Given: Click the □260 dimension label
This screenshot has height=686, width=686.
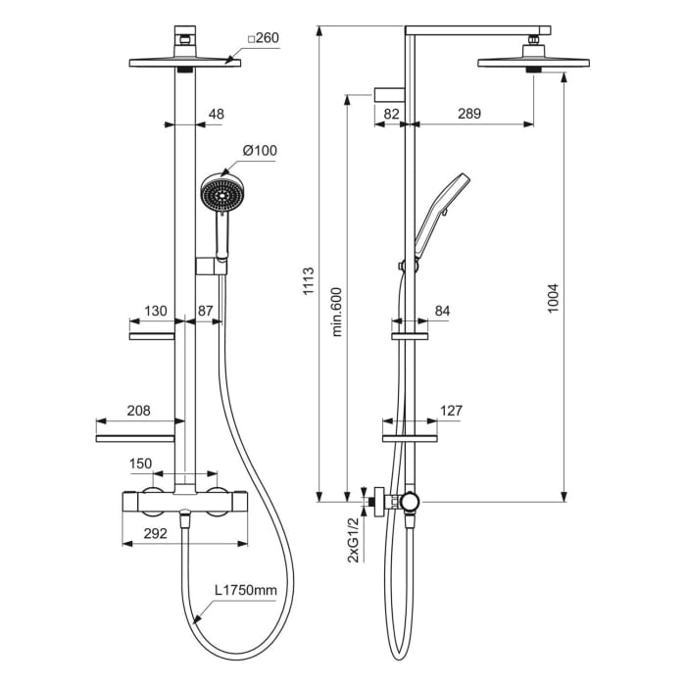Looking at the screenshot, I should [x=264, y=38].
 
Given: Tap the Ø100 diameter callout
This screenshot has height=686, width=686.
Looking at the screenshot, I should [x=260, y=150].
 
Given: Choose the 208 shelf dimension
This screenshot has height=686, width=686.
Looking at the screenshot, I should [x=139, y=412].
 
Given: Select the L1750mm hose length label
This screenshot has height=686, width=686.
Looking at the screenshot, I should [x=246, y=591].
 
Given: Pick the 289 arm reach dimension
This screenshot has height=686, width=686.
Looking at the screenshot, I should [x=469, y=114].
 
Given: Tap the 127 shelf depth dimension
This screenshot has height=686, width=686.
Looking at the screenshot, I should [x=451, y=411].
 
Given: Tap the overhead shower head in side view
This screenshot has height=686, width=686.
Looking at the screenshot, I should [x=533, y=64].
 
